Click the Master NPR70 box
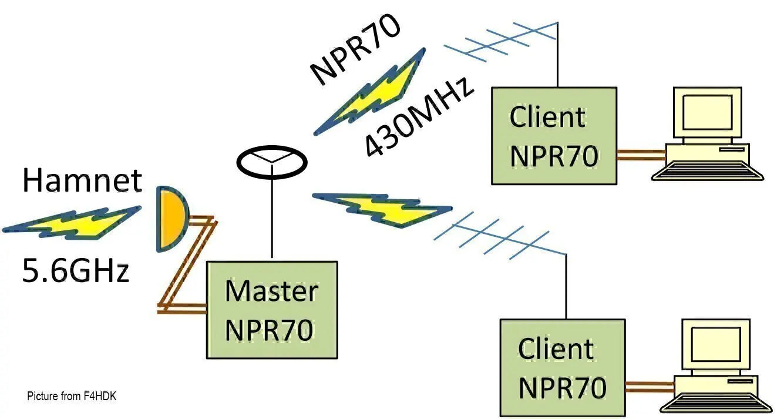click(272, 310)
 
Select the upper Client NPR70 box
click(554, 136)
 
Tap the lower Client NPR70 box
click(563, 368)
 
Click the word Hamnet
click(82, 180)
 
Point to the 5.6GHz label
click(76, 270)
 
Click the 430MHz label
click(419, 117)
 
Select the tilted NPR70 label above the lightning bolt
click(355, 48)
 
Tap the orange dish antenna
click(172, 219)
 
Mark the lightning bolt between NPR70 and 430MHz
click(369, 92)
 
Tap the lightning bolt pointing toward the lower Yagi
click(382, 210)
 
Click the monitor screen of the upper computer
click(707, 112)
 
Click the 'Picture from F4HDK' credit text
click(72, 396)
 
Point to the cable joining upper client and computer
click(641, 155)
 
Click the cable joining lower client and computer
click(650, 387)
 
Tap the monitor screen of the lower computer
click(716, 344)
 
